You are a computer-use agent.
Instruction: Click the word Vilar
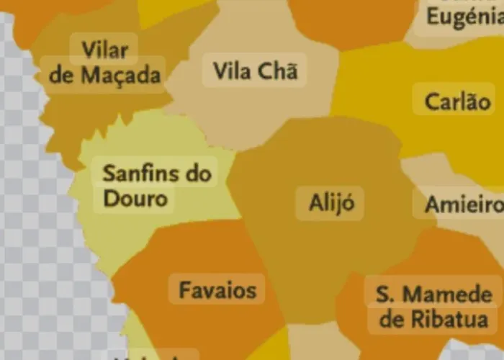pos(105,51)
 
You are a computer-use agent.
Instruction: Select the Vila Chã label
pos(256,71)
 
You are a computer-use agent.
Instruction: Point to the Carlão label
pos(457,101)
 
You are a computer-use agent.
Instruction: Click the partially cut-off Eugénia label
pos(464,15)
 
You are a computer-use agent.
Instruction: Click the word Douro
pos(135,198)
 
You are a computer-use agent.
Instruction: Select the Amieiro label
pos(463,204)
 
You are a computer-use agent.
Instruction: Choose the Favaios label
pos(217,290)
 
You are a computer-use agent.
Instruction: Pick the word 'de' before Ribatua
pos(390,319)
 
